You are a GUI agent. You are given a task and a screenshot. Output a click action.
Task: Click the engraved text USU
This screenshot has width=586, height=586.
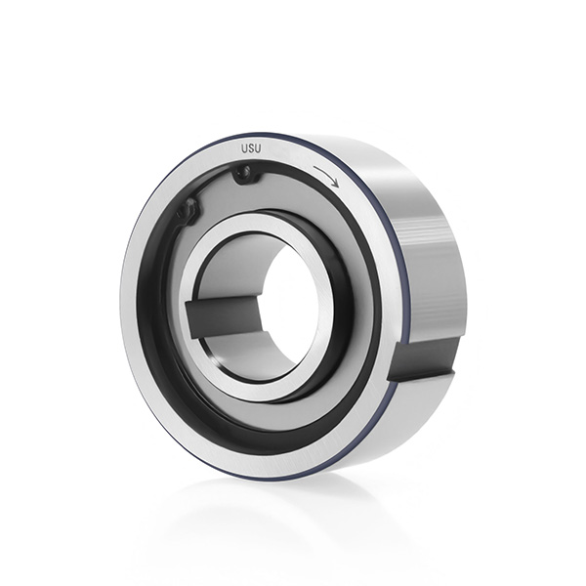click(x=251, y=148)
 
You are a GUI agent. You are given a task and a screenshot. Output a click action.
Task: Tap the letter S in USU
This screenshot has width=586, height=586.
click(x=251, y=148)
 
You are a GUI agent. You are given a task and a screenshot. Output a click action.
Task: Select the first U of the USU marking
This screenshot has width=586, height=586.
click(x=244, y=148)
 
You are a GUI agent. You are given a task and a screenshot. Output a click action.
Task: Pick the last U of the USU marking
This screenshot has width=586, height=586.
click(x=258, y=148)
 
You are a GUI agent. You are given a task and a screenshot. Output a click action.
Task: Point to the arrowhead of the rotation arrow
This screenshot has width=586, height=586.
click(x=336, y=184)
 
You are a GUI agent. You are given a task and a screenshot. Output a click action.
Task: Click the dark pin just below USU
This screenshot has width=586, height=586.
click(x=245, y=174)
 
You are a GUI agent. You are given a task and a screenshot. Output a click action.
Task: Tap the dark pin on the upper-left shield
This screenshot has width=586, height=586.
click(x=189, y=211)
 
